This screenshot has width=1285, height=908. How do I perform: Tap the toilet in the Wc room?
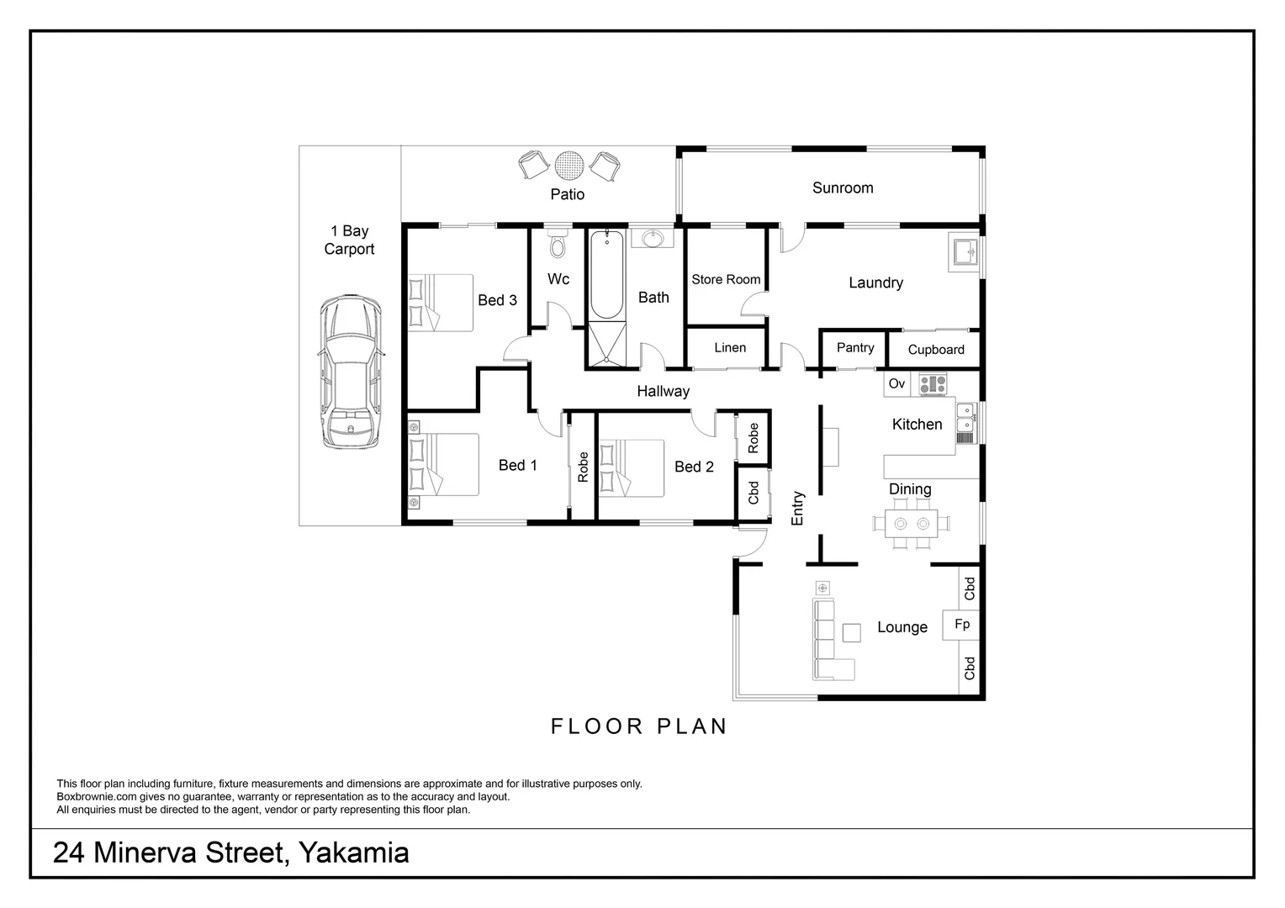(x=557, y=245)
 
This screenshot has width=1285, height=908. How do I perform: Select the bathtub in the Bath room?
(x=606, y=274)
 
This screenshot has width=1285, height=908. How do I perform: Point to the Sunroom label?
(x=842, y=188)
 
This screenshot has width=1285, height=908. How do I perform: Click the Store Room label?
(x=726, y=279)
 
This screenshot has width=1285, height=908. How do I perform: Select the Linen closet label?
(x=729, y=347)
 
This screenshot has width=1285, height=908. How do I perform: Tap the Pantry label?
(x=855, y=347)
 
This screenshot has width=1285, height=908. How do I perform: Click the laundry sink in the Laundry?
(x=965, y=251)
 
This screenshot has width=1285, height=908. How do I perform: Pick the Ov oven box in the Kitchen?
(x=896, y=384)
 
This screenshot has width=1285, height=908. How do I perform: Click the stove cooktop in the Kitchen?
(x=932, y=384)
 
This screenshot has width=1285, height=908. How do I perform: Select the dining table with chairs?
(x=912, y=523)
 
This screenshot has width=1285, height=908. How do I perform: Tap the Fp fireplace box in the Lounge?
(x=962, y=625)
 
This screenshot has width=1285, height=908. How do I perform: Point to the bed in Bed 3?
(x=440, y=303)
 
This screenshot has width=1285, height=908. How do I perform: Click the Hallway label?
(x=663, y=391)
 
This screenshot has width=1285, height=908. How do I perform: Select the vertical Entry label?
(x=797, y=508)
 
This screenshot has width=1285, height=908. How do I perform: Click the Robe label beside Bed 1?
(x=583, y=467)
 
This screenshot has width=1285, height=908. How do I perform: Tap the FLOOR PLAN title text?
(x=639, y=726)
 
